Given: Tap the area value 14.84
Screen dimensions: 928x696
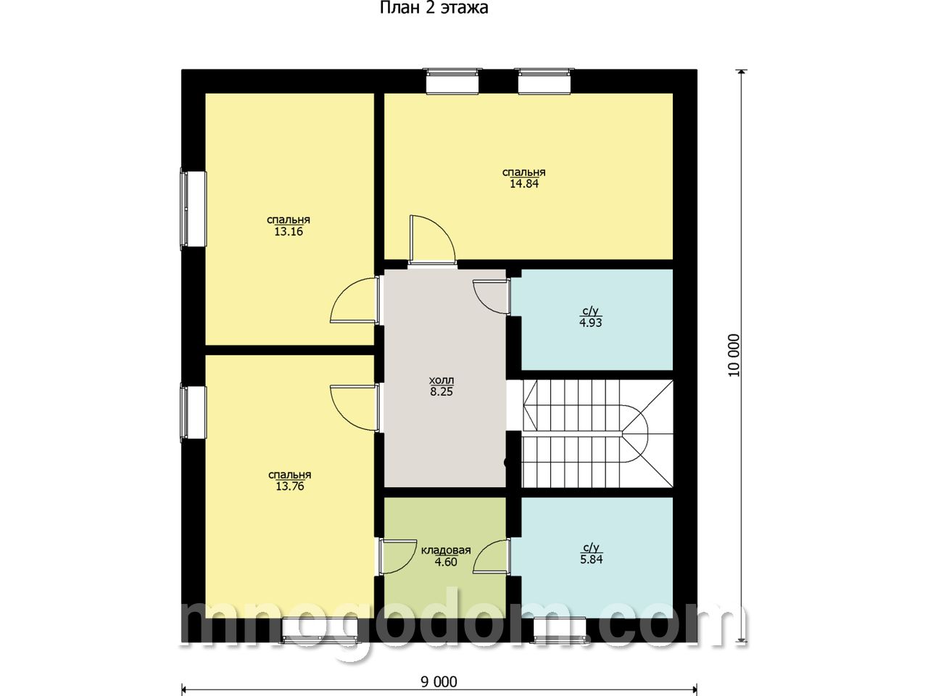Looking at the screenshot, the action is tap(524, 184).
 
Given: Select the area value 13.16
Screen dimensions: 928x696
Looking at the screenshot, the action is tap(289, 231).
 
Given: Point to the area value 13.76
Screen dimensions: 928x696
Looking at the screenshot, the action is tap(289, 486).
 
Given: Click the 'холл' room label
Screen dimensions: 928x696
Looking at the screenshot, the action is tap(442, 380).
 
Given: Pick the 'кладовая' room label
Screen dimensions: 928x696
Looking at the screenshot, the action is tap(446, 550).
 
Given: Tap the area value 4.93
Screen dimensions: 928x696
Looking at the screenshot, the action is tap(591, 323).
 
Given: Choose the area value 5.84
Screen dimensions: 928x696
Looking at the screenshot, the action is tap(591, 560).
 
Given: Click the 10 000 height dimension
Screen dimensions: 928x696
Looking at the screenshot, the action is tap(734, 355).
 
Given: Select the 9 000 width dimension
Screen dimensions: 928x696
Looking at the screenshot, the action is tap(439, 682).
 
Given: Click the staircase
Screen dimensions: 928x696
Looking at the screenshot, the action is tap(598, 434).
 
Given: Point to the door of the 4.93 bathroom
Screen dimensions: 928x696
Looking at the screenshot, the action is tap(491, 297).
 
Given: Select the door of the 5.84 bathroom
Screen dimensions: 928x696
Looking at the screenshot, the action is tap(491, 557).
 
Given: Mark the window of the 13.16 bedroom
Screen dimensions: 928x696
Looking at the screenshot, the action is tap(193, 207).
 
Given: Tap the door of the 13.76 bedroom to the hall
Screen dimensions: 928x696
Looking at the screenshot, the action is tap(355, 408).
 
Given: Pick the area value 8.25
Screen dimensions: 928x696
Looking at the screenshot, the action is tap(442, 391).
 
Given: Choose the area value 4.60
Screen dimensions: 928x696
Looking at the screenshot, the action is tap(446, 562).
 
